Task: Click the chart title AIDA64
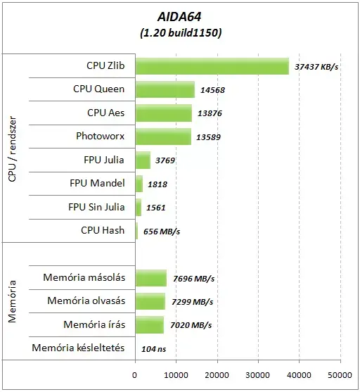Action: click(179, 17)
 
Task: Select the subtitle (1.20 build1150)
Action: click(181, 32)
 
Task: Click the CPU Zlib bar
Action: click(212, 66)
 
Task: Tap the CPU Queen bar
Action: click(165, 89)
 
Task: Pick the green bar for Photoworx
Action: click(163, 137)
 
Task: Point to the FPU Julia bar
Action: click(143, 160)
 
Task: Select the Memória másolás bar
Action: click(151, 278)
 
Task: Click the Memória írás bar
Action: click(150, 324)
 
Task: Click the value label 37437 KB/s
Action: click(316, 67)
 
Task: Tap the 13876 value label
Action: click(210, 113)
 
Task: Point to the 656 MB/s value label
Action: click(162, 232)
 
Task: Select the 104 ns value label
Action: click(154, 349)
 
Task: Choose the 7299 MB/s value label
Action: click(192, 302)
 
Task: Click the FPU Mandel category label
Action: click(97, 183)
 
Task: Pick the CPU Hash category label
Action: click(103, 230)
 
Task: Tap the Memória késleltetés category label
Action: click(78, 348)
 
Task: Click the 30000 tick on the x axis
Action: click(259, 375)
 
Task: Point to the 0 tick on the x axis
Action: click(135, 375)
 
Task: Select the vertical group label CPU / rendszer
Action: click(13, 148)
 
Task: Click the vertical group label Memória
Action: click(12, 301)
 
